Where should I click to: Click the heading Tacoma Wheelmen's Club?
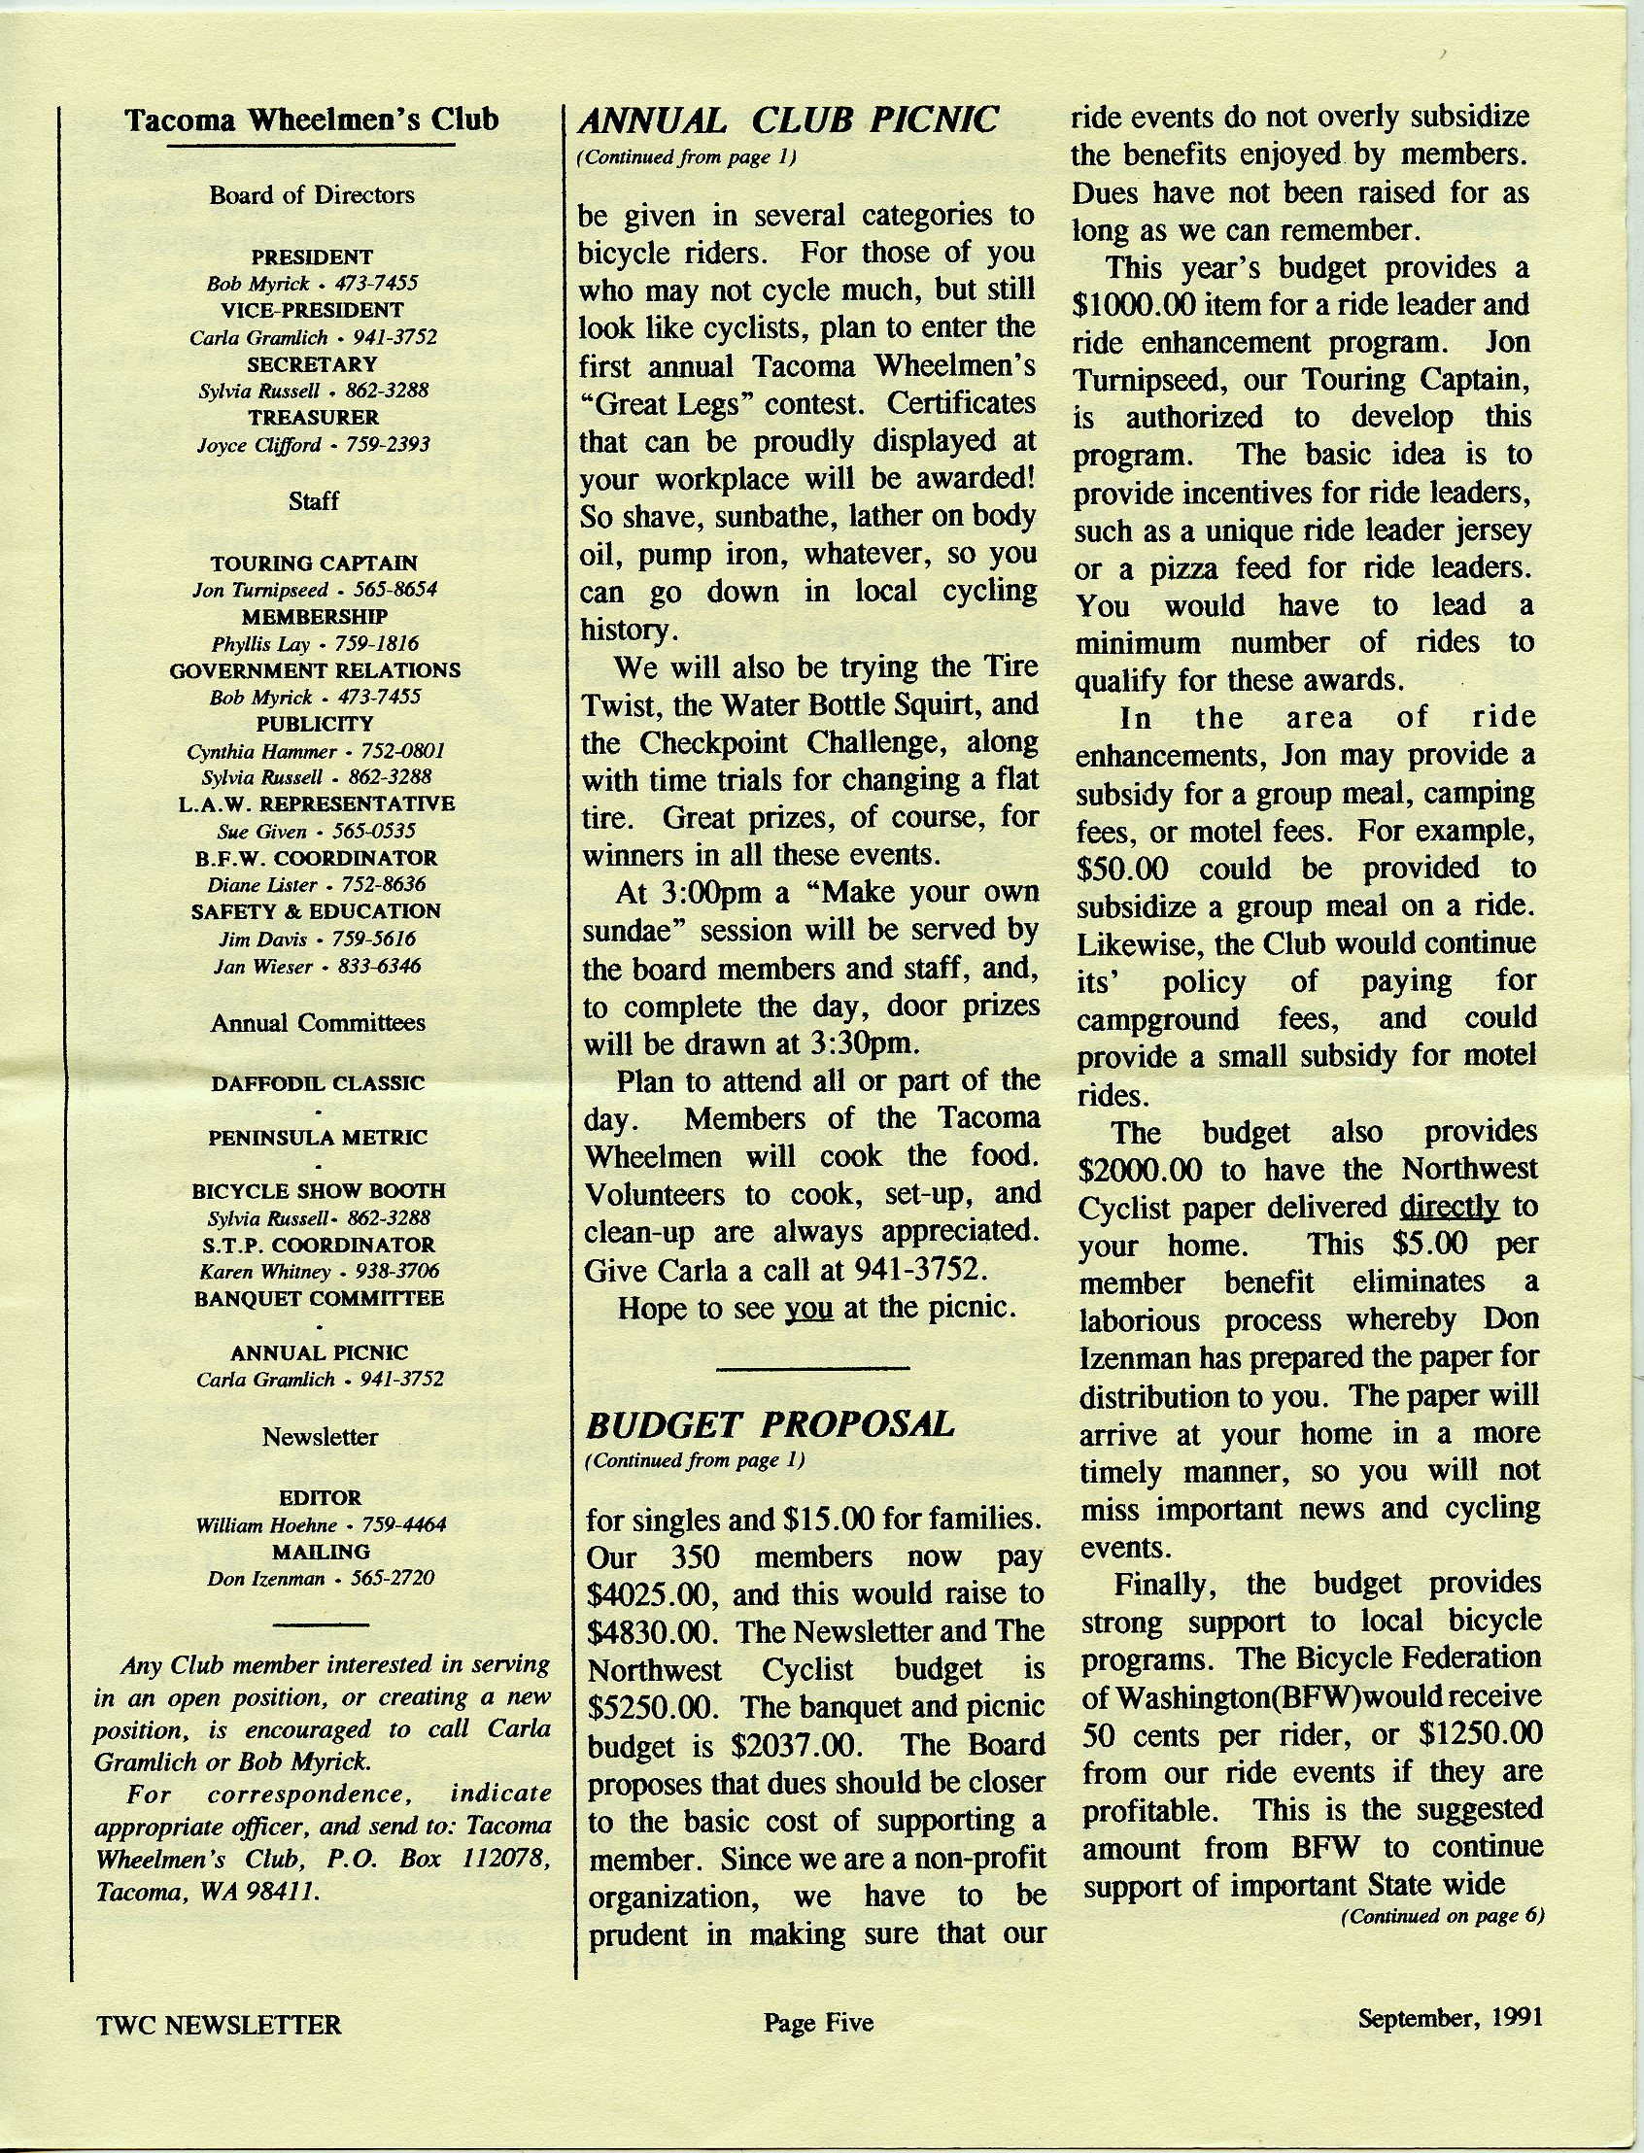312,121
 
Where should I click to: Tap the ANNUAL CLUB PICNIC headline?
789,120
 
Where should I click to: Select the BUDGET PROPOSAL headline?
770,1424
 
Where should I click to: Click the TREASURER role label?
312,417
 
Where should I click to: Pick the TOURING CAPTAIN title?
313,564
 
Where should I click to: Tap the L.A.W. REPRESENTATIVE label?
316,803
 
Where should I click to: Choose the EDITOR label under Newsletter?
320,1497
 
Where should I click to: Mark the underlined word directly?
1450,1208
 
